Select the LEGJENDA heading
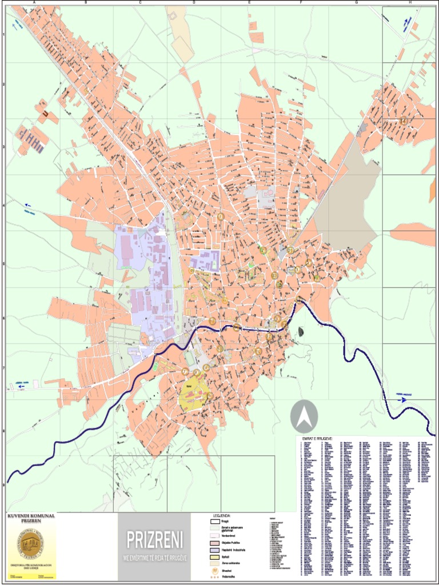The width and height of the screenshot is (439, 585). [221, 514]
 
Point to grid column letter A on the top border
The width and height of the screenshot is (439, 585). [34, 3]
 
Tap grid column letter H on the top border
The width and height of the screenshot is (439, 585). [410, 3]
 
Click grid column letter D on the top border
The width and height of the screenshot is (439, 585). [194, 3]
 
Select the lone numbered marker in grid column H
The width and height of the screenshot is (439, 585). [404, 121]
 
